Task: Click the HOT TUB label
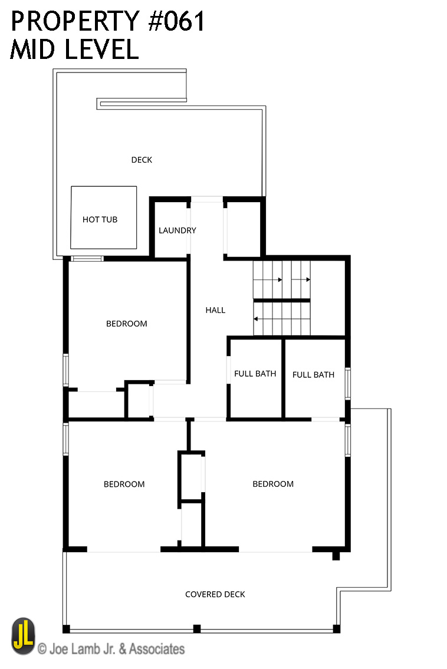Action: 100,219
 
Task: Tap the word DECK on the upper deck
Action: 142,160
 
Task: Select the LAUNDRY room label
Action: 177,230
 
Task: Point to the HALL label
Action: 215,310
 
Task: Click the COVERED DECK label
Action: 215,594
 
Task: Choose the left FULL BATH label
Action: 255,374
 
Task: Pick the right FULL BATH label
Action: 313,375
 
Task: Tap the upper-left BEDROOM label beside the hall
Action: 127,324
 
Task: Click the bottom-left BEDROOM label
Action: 124,485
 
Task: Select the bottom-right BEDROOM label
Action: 273,484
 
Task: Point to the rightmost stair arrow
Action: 301,280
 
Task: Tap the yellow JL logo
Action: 24,636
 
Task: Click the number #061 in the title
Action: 177,21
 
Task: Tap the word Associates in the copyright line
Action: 157,649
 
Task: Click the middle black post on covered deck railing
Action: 197,628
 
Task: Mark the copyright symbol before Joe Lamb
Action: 42,650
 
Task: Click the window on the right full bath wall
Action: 348,384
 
